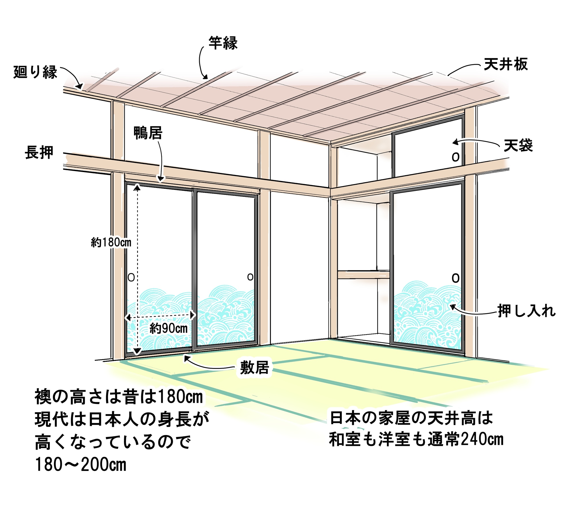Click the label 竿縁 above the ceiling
pos(223,43)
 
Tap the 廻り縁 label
pos(35,72)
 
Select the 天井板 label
pos(506,64)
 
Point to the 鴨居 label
pos(148,133)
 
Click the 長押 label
pos(39,152)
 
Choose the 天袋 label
pos(518,146)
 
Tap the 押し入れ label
pos(527,311)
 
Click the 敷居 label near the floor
pos(254,368)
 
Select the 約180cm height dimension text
pos(111,242)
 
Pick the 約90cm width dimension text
pos(168,328)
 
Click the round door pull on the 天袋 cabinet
pos(455,157)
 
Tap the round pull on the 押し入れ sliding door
pos(455,278)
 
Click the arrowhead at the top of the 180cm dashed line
pos(137,188)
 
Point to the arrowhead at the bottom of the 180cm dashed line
pos(137,351)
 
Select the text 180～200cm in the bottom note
pos(80,464)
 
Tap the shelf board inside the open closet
pos(363,275)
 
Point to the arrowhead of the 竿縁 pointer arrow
pos(205,77)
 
